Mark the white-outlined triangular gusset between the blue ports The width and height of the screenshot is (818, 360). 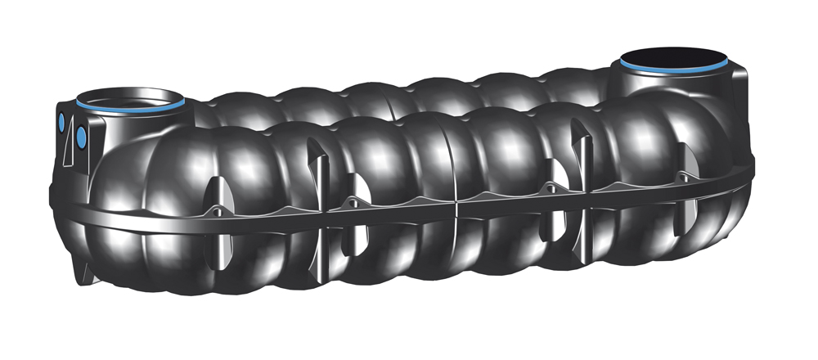(x=72, y=130)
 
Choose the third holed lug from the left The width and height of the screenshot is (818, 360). (x=550, y=189)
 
